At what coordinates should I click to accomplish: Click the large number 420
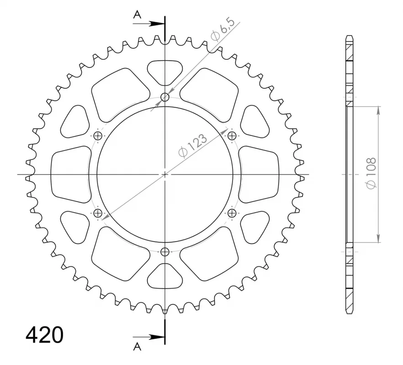tap(44, 335)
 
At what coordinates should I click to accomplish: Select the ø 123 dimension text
tap(192, 146)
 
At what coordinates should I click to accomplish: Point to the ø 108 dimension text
tap(371, 173)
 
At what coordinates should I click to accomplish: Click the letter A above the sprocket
tap(137, 16)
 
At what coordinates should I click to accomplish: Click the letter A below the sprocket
tap(137, 347)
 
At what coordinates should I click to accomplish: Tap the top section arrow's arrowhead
tap(157, 24)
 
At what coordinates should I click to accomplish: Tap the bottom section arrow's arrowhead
tap(157, 337)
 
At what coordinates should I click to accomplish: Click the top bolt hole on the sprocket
tap(165, 97)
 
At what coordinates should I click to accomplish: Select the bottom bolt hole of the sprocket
tap(165, 252)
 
